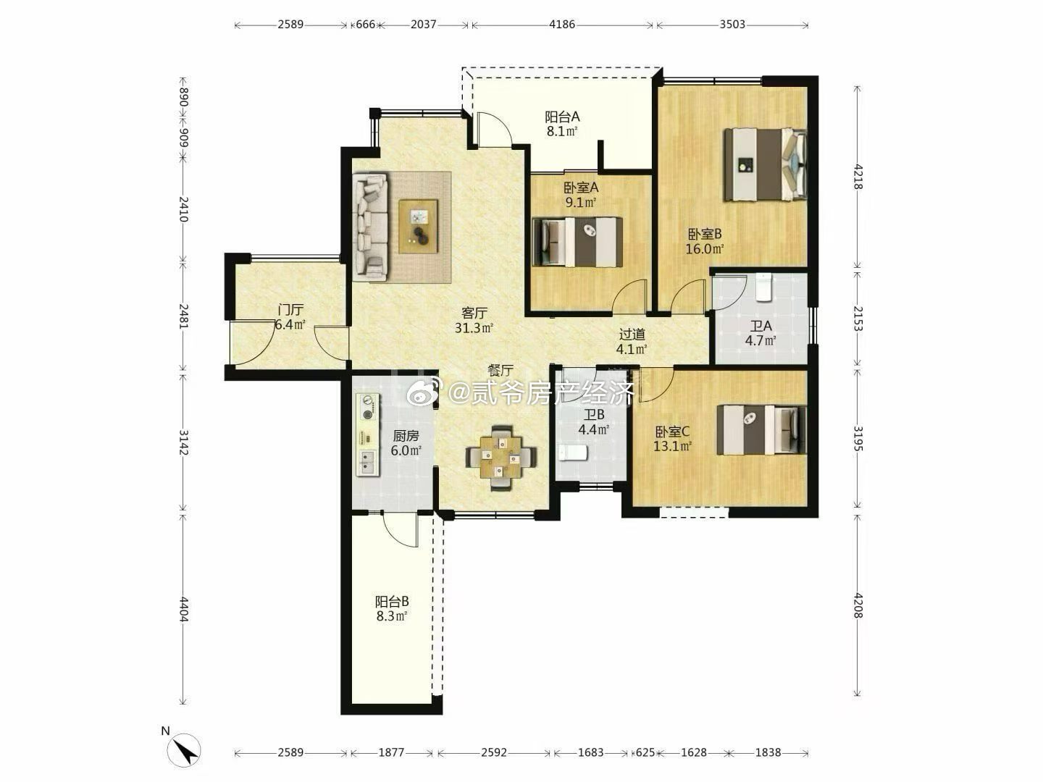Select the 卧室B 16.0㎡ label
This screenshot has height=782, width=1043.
click(705, 241)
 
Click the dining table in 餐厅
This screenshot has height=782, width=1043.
click(500, 458)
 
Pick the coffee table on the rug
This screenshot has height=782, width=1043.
click(418, 227)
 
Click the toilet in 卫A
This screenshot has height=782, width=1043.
click(763, 287)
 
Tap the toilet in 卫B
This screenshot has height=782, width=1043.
click(573, 453)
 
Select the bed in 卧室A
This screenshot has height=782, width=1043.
click(577, 242)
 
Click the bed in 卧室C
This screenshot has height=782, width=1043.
click(762, 429)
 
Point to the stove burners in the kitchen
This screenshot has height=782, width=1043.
click(368, 408)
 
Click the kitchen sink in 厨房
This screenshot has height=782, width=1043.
click(367, 463)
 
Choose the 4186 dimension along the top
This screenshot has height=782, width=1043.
click(562, 24)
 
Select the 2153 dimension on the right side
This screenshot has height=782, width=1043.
click(858, 318)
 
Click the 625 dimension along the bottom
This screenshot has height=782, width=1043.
click(645, 752)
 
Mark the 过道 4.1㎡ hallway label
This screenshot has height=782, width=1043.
click(632, 342)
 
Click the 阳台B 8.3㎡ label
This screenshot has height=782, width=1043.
click(392, 609)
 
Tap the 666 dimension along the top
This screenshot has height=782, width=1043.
click(365, 24)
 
